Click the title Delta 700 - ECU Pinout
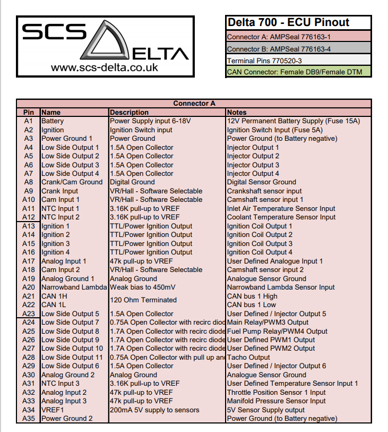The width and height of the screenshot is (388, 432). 288,22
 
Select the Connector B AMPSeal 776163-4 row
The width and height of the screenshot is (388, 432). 279,49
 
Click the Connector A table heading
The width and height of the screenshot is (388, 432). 194,104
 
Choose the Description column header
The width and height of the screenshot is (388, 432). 129,112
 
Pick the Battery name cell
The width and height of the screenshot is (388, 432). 53,121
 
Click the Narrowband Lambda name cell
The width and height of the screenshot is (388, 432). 74,287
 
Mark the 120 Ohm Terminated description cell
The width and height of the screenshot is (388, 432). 143,300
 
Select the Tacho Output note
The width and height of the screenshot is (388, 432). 248,357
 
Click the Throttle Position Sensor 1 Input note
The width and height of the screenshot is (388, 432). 276,392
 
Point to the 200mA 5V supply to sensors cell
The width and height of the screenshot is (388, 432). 154,410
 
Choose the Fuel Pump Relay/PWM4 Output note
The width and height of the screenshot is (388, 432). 277,331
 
